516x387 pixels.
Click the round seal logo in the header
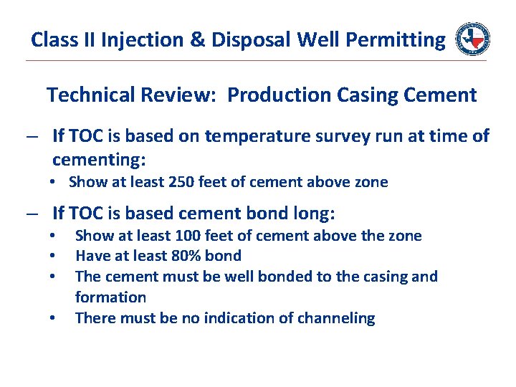[473, 39]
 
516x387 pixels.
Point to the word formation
[110, 297]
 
